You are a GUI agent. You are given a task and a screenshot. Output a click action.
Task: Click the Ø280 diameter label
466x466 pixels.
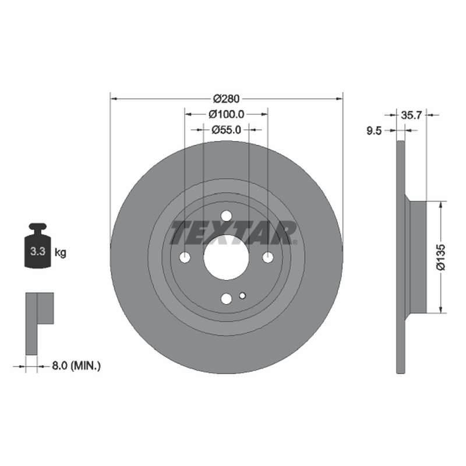pyautogui.click(x=226, y=98)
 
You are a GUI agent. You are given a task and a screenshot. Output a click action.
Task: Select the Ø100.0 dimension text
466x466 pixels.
pyautogui.click(x=226, y=114)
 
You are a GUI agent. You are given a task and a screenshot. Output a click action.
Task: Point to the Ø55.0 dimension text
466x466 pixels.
pyautogui.click(x=226, y=130)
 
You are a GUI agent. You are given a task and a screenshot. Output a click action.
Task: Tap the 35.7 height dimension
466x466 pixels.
pyautogui.click(x=411, y=115)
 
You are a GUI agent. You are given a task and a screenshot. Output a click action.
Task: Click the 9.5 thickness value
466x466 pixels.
pyautogui.click(x=373, y=130)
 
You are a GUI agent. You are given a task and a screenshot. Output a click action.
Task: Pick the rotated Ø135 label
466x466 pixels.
pyautogui.click(x=441, y=257)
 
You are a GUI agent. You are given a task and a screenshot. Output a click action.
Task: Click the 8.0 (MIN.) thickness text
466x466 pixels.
pyautogui.click(x=76, y=366)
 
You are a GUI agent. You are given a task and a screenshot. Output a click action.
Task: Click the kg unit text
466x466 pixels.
pyautogui.click(x=61, y=253)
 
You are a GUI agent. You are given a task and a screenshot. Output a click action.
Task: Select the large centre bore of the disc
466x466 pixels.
pyautogui.click(x=226, y=257)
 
